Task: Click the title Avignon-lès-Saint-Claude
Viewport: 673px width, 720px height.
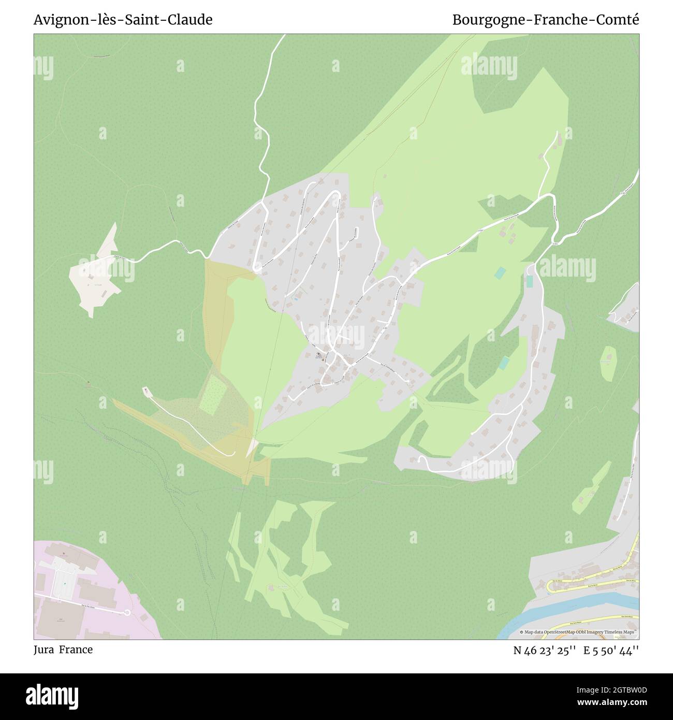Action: point(123,20)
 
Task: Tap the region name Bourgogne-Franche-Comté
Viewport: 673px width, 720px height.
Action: point(546,20)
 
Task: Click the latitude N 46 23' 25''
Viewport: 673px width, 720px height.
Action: point(545,651)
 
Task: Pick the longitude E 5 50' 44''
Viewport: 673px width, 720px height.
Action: point(611,651)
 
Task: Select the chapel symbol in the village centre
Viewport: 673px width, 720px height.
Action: point(318,355)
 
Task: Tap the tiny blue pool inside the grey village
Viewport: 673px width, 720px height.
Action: point(296,298)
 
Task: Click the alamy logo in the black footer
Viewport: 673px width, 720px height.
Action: point(52,696)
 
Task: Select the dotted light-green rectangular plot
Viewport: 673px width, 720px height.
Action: point(210,395)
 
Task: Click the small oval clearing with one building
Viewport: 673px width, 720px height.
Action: point(607,357)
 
